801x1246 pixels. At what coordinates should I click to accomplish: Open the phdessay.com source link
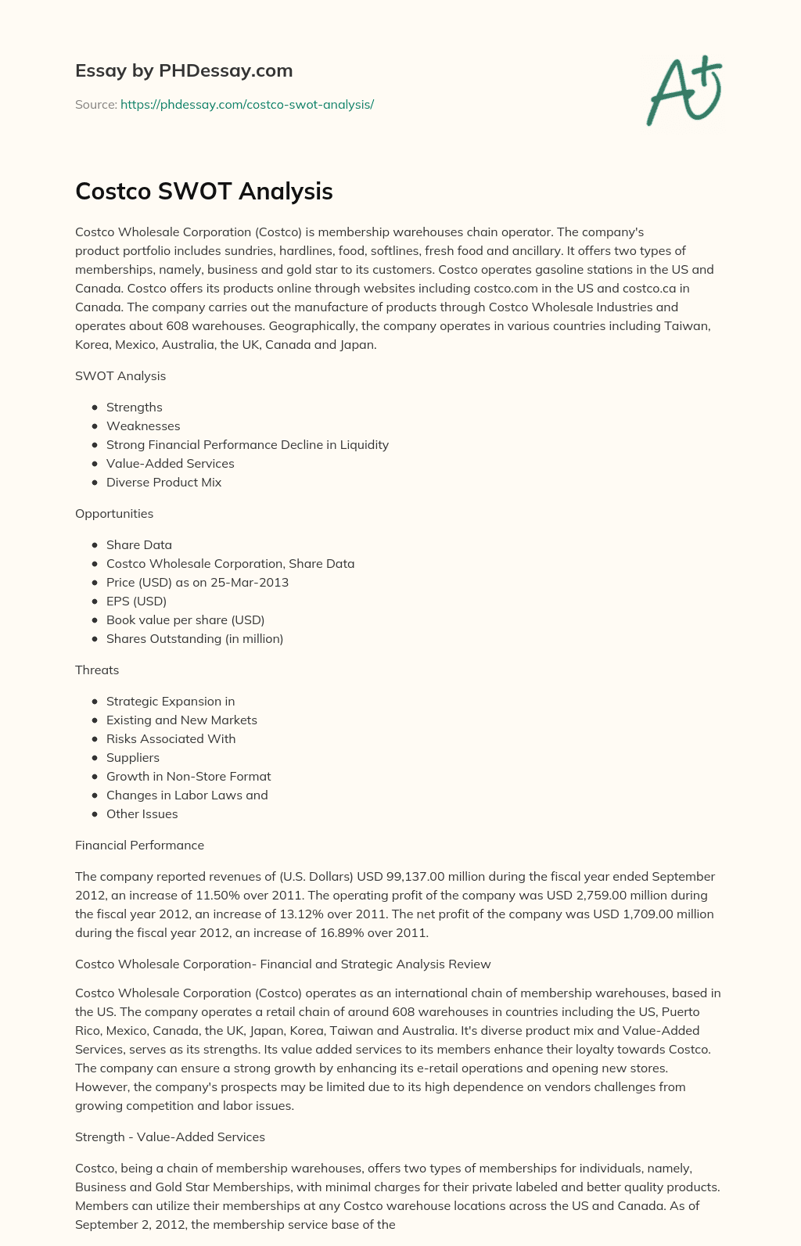[247, 104]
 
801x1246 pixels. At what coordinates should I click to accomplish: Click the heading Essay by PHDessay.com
[184, 70]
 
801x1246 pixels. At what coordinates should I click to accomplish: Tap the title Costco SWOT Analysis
[204, 191]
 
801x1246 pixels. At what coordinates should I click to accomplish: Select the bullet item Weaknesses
[143, 426]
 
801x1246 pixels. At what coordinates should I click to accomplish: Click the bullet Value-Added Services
[170, 463]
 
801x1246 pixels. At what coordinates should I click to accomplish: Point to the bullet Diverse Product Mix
[163, 482]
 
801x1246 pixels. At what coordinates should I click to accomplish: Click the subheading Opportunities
[114, 513]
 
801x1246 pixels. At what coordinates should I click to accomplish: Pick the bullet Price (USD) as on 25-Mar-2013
[197, 582]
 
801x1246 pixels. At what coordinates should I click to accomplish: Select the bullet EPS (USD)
[136, 601]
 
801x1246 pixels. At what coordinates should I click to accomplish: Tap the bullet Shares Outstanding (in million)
[195, 638]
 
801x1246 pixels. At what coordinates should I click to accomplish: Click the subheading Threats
[97, 670]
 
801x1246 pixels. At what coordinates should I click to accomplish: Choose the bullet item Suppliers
[133, 757]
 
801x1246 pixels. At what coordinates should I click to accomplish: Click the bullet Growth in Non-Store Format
[189, 776]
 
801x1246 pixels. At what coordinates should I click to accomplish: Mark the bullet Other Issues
[142, 813]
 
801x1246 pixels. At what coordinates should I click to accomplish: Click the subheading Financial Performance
[139, 845]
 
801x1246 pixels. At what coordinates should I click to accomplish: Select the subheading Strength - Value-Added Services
[170, 1136]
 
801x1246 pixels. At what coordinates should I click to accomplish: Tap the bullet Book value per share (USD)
[185, 619]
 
